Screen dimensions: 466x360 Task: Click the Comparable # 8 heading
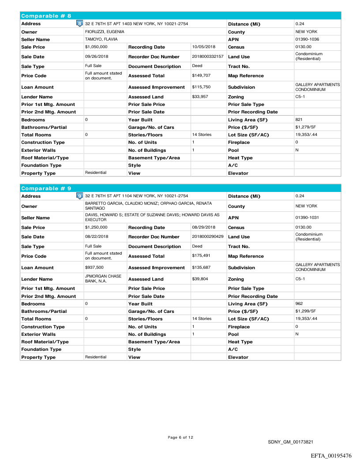pyautogui.click(x=46, y=16)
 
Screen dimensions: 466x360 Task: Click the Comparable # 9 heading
pyautogui.click(x=46, y=188)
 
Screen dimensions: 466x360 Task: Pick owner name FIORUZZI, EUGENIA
pyautogui.click(x=105, y=32)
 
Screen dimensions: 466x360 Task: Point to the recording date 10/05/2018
pyautogui.click(x=204, y=47)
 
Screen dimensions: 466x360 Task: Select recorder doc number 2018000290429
pyautogui.click(x=208, y=237)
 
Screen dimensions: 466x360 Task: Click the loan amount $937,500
pyautogui.click(x=94, y=267)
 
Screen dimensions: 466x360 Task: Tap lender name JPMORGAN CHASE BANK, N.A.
pyautogui.click(x=103, y=279)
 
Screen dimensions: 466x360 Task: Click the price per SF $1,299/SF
pyautogui.click(x=306, y=311)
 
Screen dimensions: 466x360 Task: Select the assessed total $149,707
pyautogui.click(x=201, y=75)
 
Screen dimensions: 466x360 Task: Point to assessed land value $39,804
pyautogui.click(x=201, y=279)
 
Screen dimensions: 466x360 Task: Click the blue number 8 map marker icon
pyautogui.click(x=79, y=23)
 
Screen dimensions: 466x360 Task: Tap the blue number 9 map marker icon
pyautogui.click(x=79, y=196)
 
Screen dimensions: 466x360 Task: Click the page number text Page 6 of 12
pyautogui.click(x=180, y=437)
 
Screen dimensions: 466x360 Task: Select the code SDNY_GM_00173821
pyautogui.click(x=290, y=442)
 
